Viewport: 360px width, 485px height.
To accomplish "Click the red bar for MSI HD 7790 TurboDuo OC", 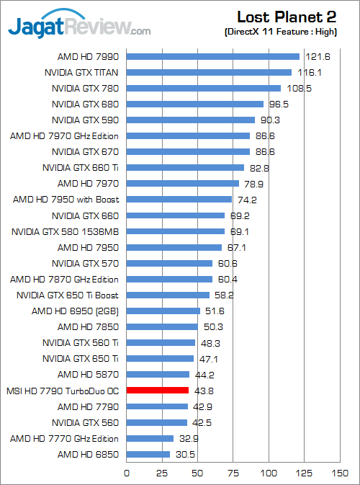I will (x=158, y=390).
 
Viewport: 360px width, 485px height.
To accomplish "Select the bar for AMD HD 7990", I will (x=213, y=56).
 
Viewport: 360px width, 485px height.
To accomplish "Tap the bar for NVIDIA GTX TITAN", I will (x=210, y=72).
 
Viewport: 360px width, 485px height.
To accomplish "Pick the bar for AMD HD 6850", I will (x=148, y=454).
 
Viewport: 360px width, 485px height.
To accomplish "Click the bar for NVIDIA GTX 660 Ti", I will (x=186, y=168).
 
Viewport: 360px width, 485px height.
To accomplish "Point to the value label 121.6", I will (x=313, y=56).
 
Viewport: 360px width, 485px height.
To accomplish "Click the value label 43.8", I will (x=202, y=390).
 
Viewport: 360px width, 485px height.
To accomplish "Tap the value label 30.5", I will (x=183, y=454).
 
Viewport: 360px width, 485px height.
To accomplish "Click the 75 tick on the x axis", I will (x=233, y=473).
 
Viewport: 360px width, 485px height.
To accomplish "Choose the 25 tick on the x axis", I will (x=163, y=473).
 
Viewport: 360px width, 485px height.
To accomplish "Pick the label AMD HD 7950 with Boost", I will (x=66, y=200).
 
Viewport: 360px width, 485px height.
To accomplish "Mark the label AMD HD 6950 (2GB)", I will (x=76, y=311).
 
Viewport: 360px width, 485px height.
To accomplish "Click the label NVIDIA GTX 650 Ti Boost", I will (x=68, y=295).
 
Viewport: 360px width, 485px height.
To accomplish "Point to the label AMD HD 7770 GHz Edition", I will (x=64, y=438).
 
